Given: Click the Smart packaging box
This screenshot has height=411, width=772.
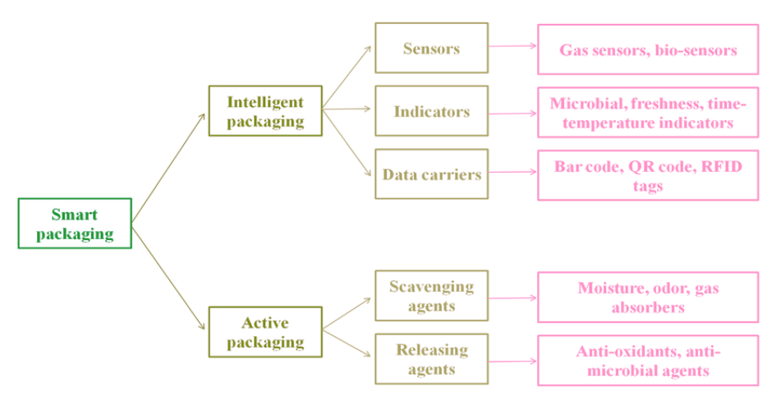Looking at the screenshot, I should (75, 224).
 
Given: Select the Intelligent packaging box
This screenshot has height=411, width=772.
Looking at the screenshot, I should (264, 111).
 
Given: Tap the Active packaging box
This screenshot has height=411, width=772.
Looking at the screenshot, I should (264, 332).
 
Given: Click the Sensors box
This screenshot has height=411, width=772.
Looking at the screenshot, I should (431, 48).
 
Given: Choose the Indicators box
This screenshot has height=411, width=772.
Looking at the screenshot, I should (431, 111).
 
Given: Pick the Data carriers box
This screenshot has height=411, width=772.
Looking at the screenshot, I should (431, 174).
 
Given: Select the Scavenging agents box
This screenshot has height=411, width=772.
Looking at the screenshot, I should (431, 296).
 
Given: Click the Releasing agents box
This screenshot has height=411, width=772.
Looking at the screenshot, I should (431, 359).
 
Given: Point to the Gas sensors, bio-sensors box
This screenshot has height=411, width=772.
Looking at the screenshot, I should (648, 49).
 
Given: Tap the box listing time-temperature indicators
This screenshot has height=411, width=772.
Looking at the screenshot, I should (648, 113).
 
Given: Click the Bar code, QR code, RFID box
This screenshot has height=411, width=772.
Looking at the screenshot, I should (648, 175).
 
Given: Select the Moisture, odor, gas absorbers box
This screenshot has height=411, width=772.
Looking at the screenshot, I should (648, 297).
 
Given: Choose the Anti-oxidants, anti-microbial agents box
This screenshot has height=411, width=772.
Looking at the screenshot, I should (648, 360).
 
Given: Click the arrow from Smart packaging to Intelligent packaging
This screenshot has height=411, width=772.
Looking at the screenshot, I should (168, 168).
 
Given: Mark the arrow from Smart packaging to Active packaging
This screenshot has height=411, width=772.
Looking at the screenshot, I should (168, 278).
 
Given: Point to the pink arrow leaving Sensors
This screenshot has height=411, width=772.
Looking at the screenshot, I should (512, 47).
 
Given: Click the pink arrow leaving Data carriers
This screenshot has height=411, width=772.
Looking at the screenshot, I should (512, 173).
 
